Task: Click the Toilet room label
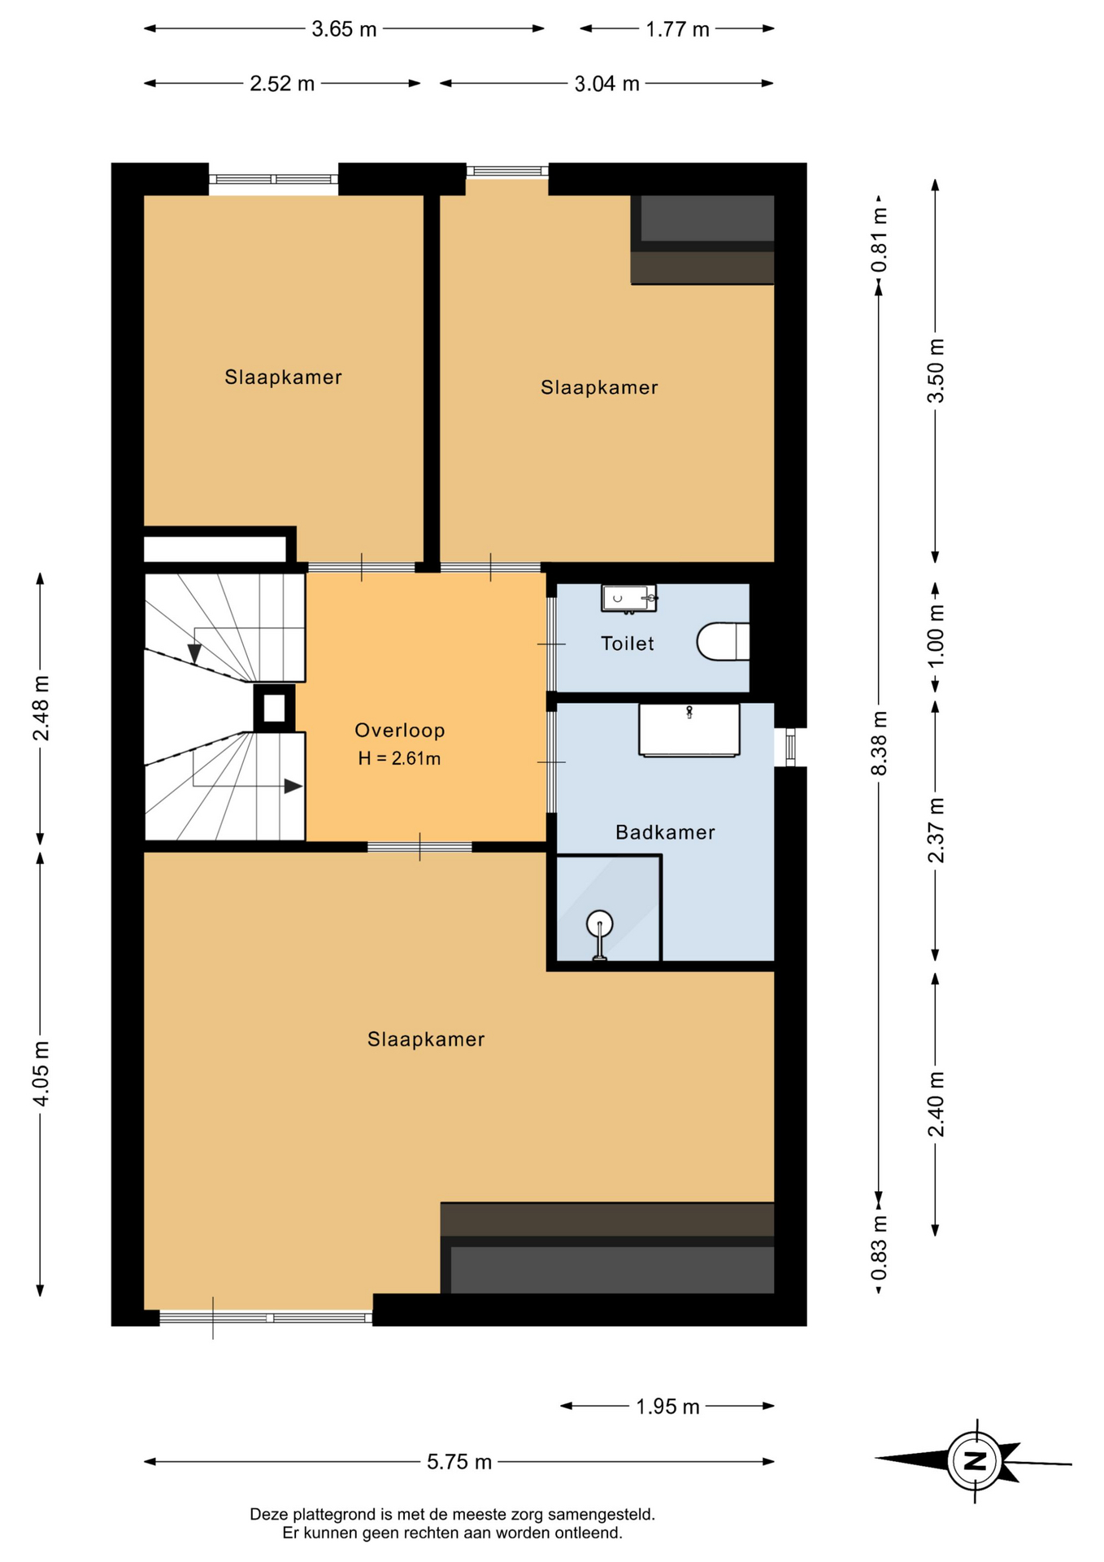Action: click(x=627, y=644)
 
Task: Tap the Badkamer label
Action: click(x=665, y=832)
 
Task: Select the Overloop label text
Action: click(x=400, y=731)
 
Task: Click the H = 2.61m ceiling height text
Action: click(x=399, y=758)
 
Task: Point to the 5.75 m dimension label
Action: click(x=459, y=1462)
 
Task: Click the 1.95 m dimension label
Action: click(x=667, y=1407)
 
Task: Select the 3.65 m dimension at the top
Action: click(x=344, y=29)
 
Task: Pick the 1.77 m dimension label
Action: click(x=677, y=29)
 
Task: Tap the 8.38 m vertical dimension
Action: click(x=879, y=743)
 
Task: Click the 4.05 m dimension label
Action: click(x=41, y=1073)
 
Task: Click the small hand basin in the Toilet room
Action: click(x=628, y=598)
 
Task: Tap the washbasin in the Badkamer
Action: click(x=689, y=730)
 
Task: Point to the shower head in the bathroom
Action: click(x=599, y=923)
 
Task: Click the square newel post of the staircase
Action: click(x=274, y=708)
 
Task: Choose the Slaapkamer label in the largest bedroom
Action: click(x=426, y=1039)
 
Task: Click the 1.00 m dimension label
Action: click(x=936, y=635)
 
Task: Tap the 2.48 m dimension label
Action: click(x=41, y=708)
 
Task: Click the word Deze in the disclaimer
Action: click(x=269, y=1515)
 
